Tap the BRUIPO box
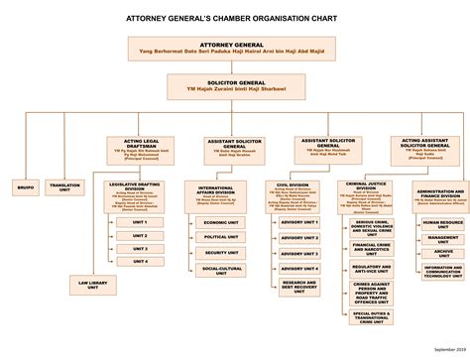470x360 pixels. click(x=25, y=185)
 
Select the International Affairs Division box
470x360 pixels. click(x=216, y=192)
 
